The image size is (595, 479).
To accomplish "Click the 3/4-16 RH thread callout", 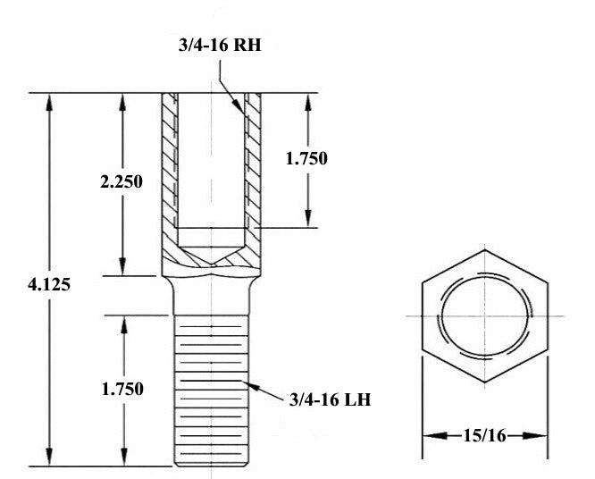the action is pos(220,45).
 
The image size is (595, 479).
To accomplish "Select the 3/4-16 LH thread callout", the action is pos(330,399).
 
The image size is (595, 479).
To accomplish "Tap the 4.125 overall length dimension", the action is pos(49,284).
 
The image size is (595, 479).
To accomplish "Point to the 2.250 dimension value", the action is pos(122,181).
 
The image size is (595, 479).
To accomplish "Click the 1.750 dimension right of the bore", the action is pos(306,158).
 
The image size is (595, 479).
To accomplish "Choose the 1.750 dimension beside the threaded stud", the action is pos(122,389).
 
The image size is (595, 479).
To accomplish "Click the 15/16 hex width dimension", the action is pos(484,435).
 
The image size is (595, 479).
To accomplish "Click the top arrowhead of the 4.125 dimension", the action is pos(49,102).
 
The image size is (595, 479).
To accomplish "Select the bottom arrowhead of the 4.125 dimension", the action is pos(49,457).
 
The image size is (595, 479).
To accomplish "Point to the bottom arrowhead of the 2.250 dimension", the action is pos(122,266).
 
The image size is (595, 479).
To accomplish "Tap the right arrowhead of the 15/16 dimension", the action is pos(534,435).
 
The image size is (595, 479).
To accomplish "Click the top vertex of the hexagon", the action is pos(484,249).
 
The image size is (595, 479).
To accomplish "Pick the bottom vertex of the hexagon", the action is pos(484,382).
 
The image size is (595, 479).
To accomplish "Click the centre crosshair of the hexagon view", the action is pos(484,315).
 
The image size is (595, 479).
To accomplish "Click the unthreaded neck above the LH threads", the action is pos(212,296).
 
